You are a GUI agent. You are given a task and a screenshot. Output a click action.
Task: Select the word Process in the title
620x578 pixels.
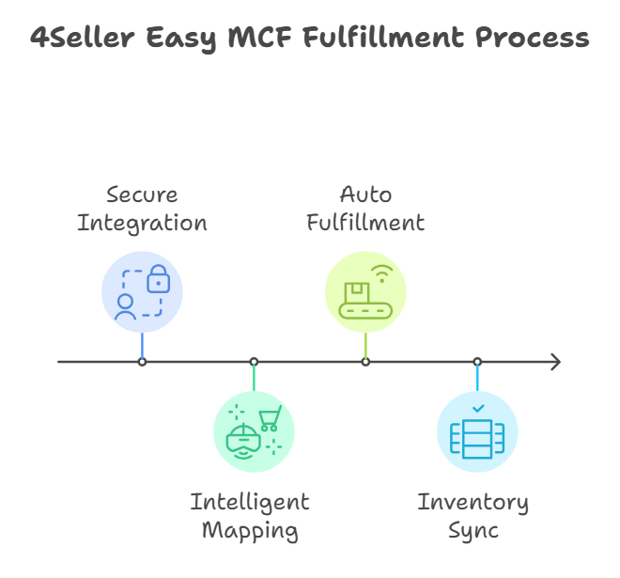(x=532, y=39)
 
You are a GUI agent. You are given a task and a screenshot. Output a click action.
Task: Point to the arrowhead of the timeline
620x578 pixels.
(x=555, y=362)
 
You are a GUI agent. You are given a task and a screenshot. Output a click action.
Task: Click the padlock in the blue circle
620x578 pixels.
(x=159, y=277)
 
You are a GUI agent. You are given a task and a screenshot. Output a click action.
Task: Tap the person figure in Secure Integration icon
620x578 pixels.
(x=125, y=307)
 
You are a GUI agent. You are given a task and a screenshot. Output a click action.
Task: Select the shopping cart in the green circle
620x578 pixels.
(x=271, y=417)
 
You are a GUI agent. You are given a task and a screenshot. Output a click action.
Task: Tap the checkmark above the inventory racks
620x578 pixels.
(x=478, y=409)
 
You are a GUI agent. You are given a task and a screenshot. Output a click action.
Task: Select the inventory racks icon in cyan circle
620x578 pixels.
(x=477, y=438)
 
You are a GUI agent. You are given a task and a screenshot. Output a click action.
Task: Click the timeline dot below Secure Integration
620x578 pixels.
(x=142, y=362)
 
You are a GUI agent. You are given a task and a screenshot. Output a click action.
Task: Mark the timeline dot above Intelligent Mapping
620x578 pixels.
(x=254, y=362)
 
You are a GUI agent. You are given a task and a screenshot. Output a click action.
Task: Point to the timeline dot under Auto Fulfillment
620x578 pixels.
(x=365, y=362)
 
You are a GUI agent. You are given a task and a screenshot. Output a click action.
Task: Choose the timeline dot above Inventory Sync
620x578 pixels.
(x=477, y=362)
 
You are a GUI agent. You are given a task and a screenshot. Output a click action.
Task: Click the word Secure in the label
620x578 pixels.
(x=142, y=195)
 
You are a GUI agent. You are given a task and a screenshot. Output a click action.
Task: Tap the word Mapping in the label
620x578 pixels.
(x=249, y=530)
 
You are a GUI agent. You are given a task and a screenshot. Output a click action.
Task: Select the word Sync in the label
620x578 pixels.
(x=473, y=530)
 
